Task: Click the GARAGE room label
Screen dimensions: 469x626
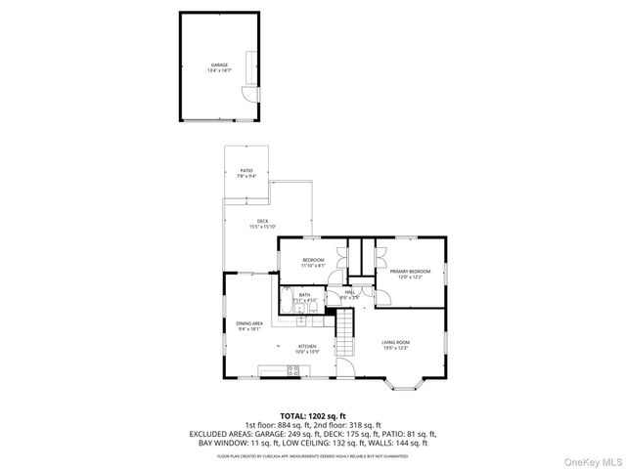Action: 218,67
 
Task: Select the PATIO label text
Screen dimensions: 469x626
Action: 247,173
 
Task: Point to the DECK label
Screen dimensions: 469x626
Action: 263,224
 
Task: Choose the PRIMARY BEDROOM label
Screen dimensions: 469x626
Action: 410,274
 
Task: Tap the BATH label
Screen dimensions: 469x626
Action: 304,297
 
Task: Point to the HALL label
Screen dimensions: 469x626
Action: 349,293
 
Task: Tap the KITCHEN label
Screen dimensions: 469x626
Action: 307,349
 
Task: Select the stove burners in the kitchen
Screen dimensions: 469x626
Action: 292,369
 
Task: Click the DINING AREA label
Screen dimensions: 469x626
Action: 249,325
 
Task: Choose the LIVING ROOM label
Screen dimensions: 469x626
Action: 396,345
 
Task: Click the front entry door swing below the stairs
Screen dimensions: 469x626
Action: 344,368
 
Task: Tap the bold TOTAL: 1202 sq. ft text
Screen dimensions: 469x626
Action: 313,414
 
